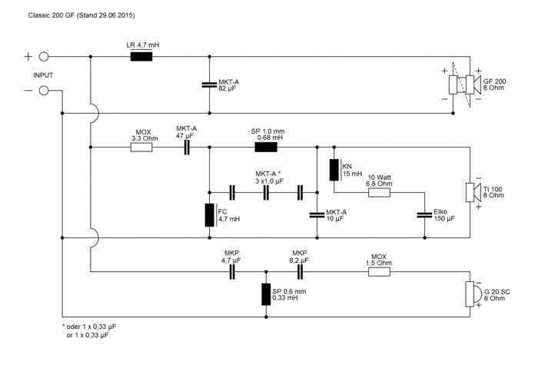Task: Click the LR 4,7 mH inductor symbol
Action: (x=141, y=56)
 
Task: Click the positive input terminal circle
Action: (x=44, y=56)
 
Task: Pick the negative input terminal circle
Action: (x=44, y=91)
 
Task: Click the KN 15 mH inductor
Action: (x=334, y=170)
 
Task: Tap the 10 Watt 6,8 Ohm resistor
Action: (x=379, y=193)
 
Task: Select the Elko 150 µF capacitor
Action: (x=422, y=215)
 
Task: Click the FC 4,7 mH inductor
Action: (x=209, y=215)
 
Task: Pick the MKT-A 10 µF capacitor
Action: (x=317, y=215)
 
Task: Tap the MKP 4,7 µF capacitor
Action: (x=232, y=272)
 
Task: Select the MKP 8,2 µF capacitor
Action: (x=300, y=272)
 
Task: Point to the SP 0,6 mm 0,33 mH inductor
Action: (x=266, y=294)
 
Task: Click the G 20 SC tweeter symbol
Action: (x=470, y=293)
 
